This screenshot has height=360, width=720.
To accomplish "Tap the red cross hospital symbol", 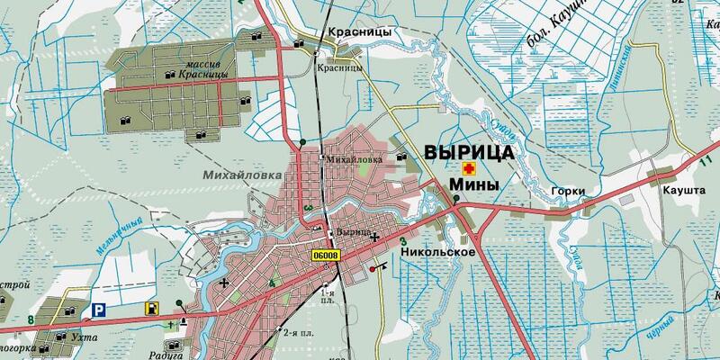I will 468,169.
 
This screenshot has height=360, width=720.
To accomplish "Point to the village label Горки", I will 570,192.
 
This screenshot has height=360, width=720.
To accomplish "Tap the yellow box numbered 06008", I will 328,256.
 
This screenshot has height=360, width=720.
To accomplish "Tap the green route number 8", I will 31,319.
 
